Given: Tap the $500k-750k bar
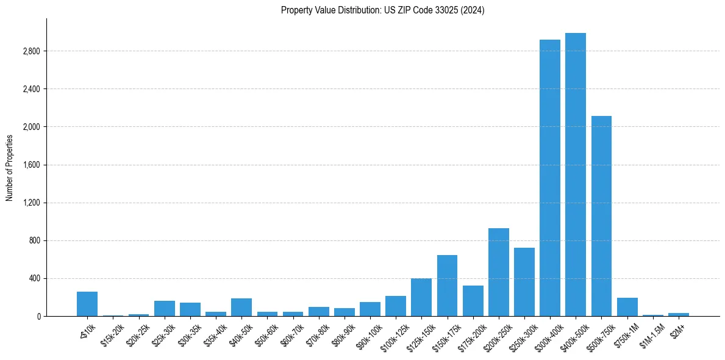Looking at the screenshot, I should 601,216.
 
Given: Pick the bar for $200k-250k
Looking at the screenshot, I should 498,272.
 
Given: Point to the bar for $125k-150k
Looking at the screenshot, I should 421,297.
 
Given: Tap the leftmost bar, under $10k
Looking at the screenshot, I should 87,304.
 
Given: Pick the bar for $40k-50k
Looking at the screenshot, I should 241,307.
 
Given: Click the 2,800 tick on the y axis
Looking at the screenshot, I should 30,51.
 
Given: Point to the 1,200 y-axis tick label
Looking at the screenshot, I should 30,203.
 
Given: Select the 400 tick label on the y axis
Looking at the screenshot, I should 34,278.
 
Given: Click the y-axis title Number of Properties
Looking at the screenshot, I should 9,167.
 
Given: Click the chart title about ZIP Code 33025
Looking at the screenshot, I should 382,10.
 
